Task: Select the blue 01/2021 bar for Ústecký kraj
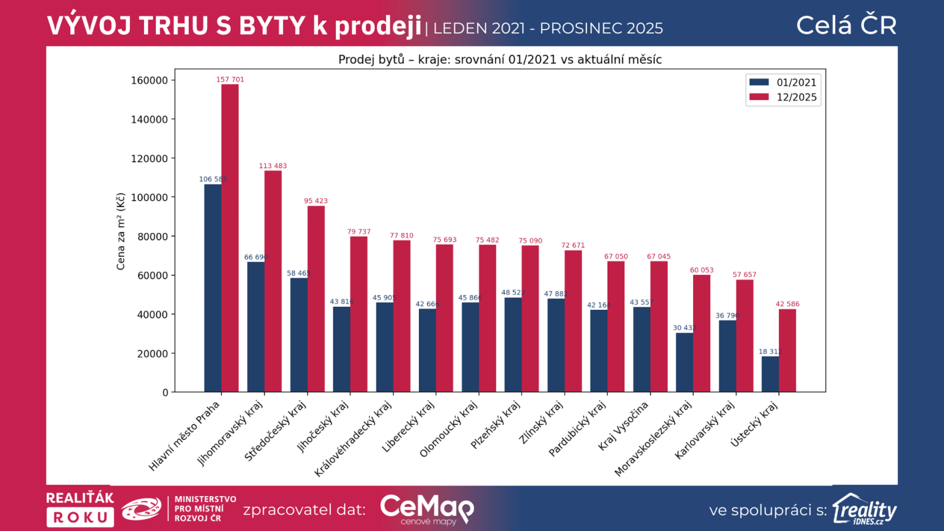coord(770,374)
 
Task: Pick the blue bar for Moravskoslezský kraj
coord(684,362)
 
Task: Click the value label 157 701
coord(230,80)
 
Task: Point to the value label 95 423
coord(316,201)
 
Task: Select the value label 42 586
coord(788,304)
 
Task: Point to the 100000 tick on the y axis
coord(149,198)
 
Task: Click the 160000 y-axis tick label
coord(149,80)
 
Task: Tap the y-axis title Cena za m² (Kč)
coord(121,231)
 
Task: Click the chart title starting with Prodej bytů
coord(500,60)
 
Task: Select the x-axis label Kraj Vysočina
coord(623,426)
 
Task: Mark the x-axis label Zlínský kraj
coord(540,422)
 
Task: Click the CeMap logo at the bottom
coord(427,509)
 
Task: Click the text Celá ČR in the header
coord(846,25)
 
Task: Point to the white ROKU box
coord(80,517)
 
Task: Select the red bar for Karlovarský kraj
coord(745,336)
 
